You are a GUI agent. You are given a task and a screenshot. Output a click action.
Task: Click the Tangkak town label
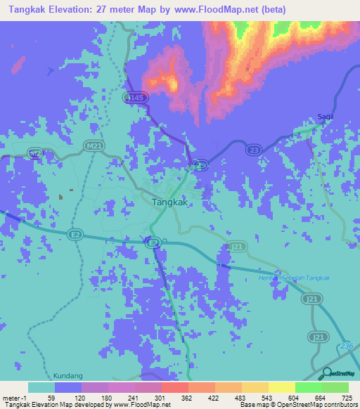coord(170,201)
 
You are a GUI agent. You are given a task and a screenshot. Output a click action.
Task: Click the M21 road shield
coord(89,146)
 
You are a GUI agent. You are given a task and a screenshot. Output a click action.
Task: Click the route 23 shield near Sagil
coord(254,148)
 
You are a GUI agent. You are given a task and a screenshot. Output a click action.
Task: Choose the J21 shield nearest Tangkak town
coord(238,246)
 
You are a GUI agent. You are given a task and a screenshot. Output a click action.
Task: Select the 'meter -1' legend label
coord(13,398)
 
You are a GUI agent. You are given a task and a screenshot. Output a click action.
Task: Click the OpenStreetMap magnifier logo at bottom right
coord(326,373)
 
